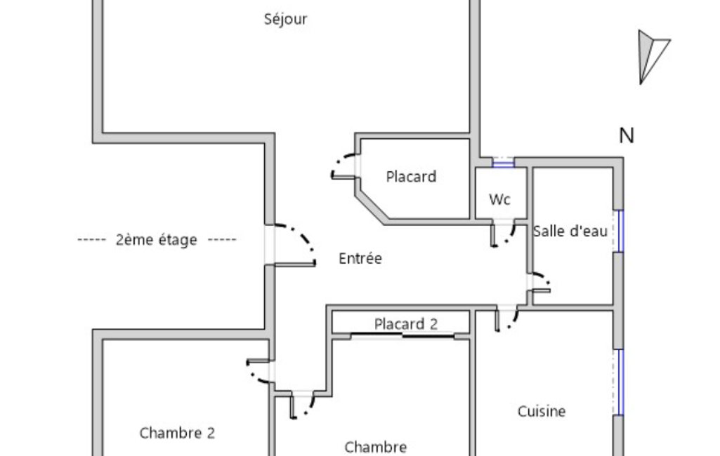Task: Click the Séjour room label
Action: [x=285, y=19]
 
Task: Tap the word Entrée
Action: [x=360, y=258]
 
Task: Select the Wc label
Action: [x=499, y=199]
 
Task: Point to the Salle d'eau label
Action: [x=570, y=231]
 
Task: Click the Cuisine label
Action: [x=542, y=411]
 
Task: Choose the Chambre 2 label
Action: [x=177, y=433]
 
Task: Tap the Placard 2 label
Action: [x=406, y=324]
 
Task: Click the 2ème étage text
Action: [x=156, y=239]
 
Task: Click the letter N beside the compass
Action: [x=627, y=136]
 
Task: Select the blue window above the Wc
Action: [x=503, y=162]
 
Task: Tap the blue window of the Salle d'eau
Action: [x=619, y=232]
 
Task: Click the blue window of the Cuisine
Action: [x=619, y=382]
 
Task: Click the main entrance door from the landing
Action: [x=294, y=245]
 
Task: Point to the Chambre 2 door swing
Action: [x=258, y=370]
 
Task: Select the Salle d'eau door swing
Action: [x=540, y=283]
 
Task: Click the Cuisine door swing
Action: [x=506, y=319]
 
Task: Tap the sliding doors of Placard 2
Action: [x=402, y=335]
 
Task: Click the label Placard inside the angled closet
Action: [x=411, y=177]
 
